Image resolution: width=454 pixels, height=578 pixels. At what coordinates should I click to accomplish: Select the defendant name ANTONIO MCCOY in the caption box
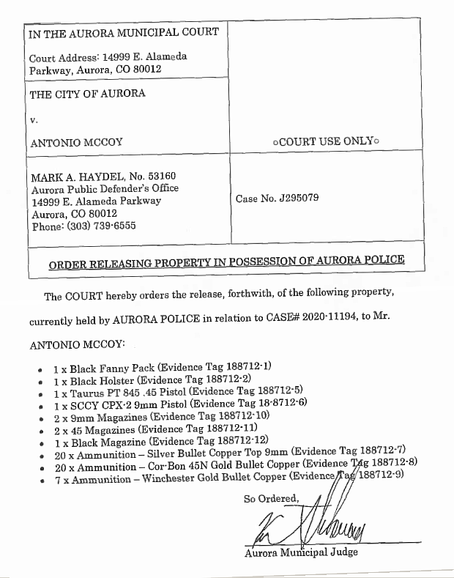point(77,143)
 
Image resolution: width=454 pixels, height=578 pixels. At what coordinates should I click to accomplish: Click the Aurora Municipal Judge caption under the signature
point(301,552)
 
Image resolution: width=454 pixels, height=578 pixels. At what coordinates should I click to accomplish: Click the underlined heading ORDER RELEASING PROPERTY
point(226,261)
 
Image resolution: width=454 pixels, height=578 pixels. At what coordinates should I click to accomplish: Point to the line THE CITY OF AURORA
point(87,94)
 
